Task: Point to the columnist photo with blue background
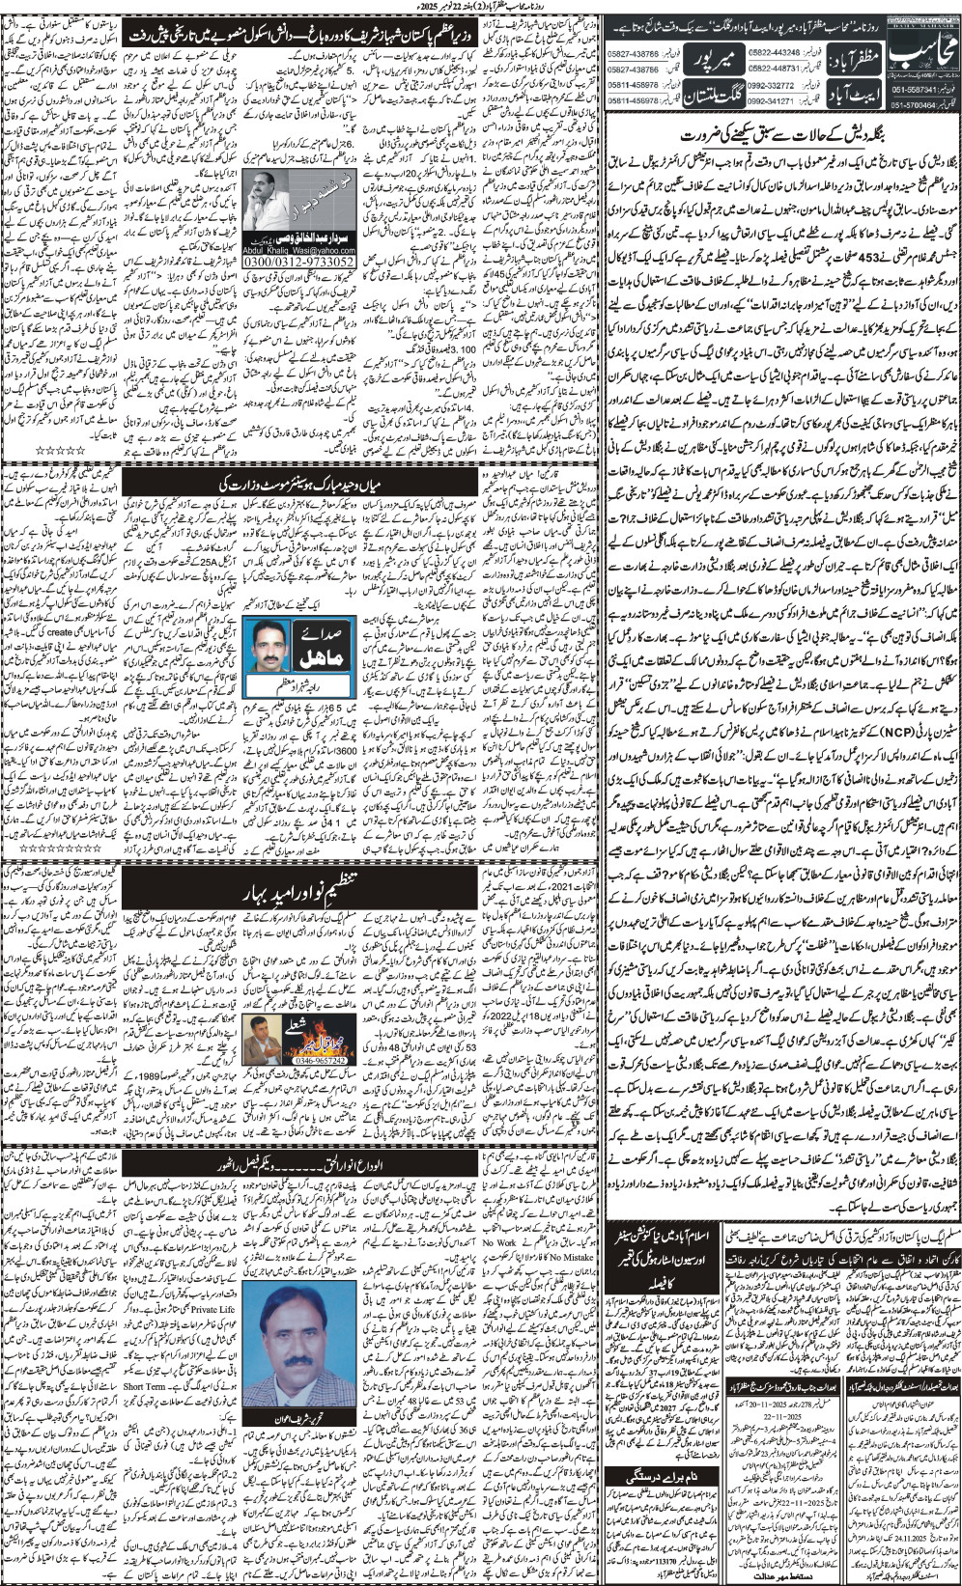point(274,646)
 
